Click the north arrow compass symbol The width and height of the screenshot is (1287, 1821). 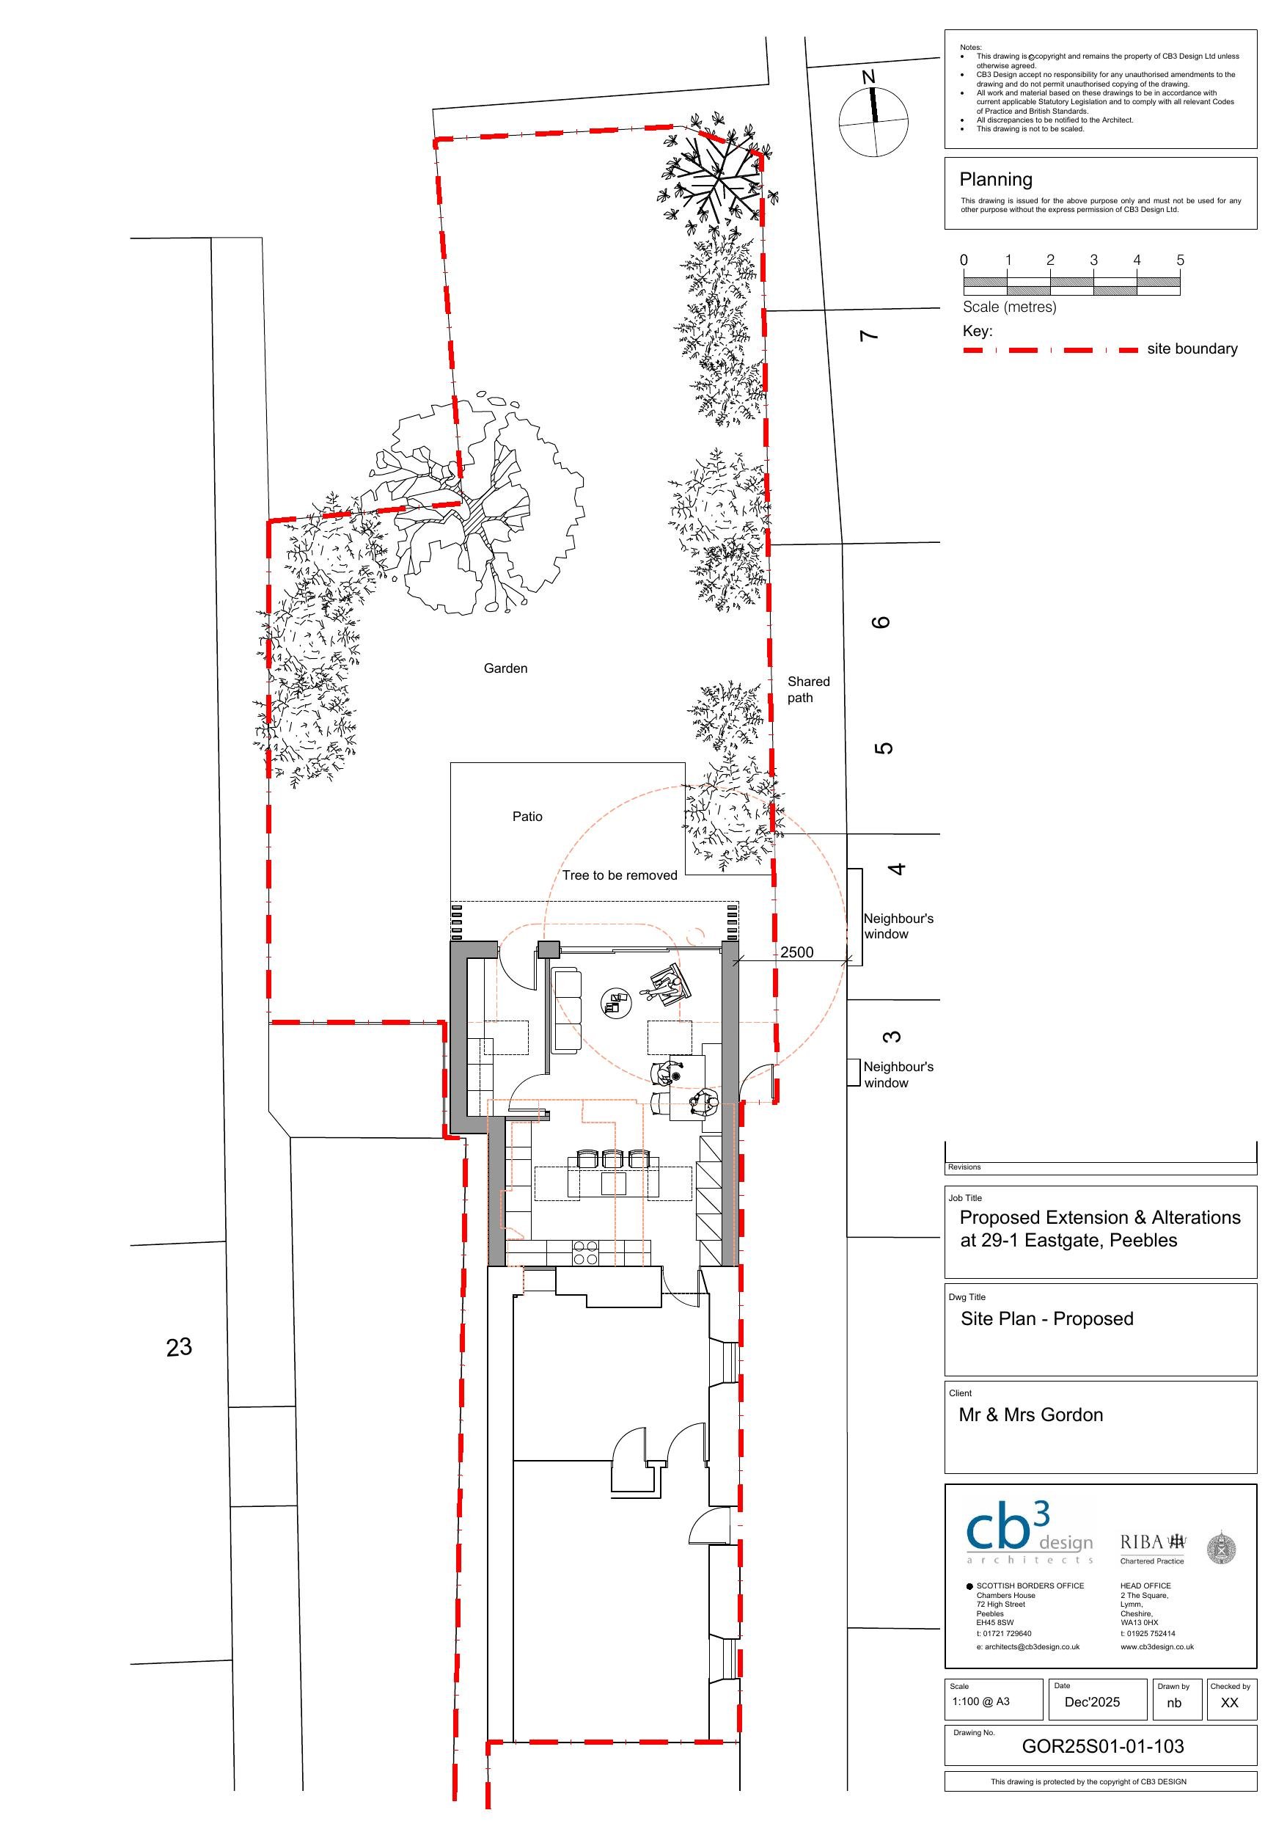click(874, 121)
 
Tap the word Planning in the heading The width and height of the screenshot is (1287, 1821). click(995, 179)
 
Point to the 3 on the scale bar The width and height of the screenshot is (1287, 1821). click(1093, 260)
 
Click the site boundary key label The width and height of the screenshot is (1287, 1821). click(1192, 349)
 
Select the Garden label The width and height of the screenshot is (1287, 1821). click(505, 668)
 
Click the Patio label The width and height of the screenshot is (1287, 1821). click(527, 816)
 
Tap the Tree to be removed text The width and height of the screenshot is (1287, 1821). click(620, 875)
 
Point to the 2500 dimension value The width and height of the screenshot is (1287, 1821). click(797, 952)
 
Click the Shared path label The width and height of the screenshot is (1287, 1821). click(808, 689)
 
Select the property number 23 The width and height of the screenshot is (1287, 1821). click(179, 1347)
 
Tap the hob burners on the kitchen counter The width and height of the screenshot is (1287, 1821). click(585, 1253)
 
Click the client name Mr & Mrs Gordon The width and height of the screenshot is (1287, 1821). click(1031, 1415)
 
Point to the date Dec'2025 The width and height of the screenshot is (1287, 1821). click(1092, 1702)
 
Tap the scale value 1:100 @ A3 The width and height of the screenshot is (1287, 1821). click(981, 1701)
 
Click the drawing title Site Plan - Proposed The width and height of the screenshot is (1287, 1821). click(1046, 1319)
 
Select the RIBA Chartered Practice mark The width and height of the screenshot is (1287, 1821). click(1153, 1547)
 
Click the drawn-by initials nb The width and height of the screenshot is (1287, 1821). click(1174, 1703)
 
